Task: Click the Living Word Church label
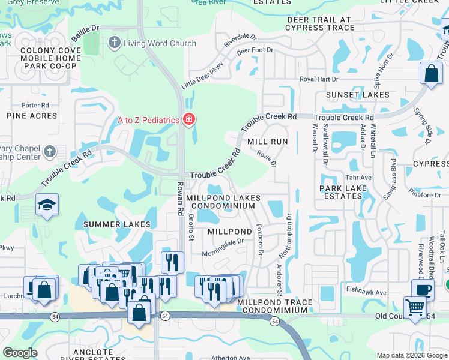160,43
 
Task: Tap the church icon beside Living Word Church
114,43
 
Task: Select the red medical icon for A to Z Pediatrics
188,120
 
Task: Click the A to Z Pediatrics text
148,120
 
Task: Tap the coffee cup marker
423,289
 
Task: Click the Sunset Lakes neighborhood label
357,95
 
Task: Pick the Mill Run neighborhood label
268,142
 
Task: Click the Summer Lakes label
116,224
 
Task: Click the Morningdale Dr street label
223,244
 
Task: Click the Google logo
20,353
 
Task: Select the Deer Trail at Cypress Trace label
321,24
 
